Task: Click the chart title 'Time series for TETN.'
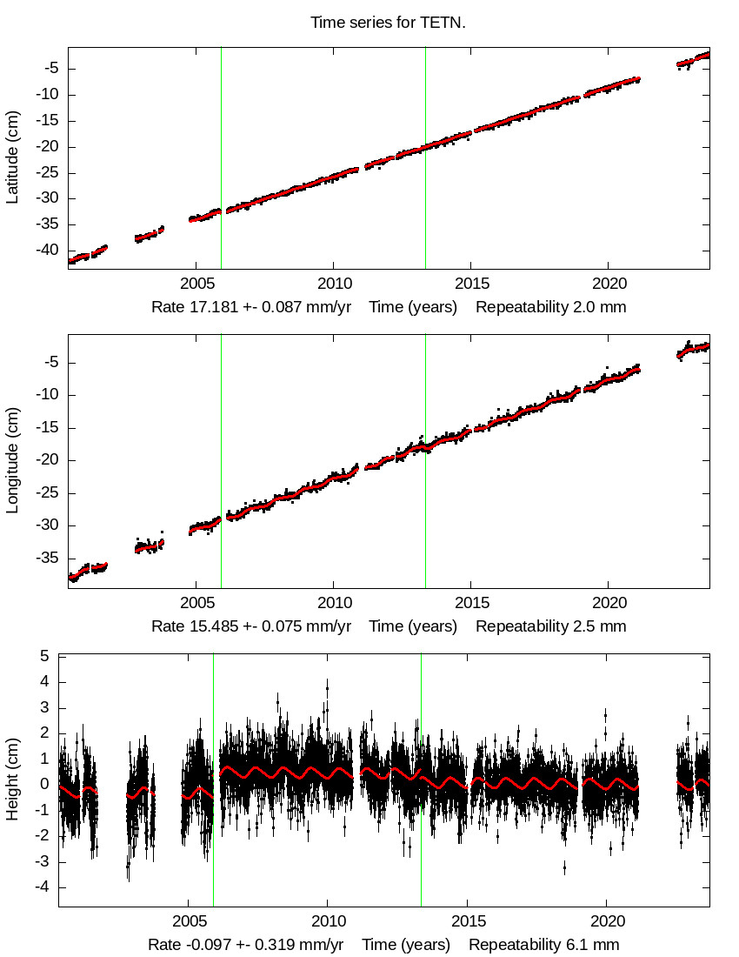(x=388, y=23)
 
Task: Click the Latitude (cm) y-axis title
(x=12, y=157)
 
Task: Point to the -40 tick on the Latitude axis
(x=49, y=250)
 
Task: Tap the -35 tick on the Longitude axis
(x=49, y=559)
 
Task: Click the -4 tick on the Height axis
(x=41, y=887)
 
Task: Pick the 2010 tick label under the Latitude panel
(x=333, y=284)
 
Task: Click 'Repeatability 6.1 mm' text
(x=544, y=945)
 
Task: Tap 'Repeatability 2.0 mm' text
(x=550, y=307)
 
